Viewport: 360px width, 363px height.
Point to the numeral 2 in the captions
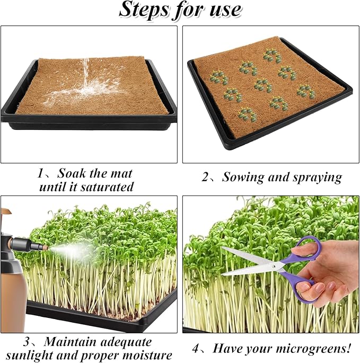(206, 177)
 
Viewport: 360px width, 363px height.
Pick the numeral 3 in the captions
(25, 342)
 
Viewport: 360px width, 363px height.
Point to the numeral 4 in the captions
(196, 349)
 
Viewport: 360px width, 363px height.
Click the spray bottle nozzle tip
(45, 247)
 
